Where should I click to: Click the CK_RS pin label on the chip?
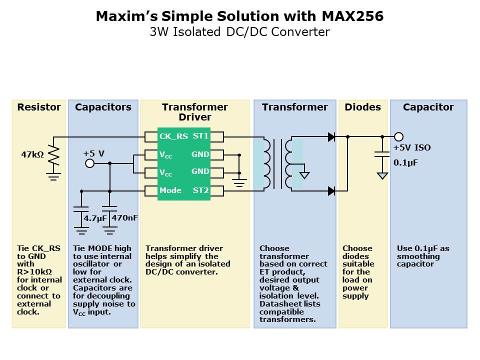point(173,136)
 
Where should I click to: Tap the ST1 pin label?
point(200,136)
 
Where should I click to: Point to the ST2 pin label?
point(200,190)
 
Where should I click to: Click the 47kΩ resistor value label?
point(32,155)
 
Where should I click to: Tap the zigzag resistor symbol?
point(53,155)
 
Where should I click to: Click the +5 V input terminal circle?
point(89,163)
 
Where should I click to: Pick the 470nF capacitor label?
point(124,218)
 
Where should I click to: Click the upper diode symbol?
point(331,136)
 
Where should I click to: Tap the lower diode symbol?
point(331,190)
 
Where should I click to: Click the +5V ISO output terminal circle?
point(398,136)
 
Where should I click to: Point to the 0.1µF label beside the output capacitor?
point(405,162)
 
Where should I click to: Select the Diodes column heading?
point(362,107)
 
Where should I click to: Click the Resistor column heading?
point(38,107)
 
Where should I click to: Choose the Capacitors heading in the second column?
point(103,107)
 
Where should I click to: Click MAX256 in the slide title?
point(352,16)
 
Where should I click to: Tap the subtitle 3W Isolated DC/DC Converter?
point(240,32)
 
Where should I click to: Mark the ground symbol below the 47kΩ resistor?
point(53,175)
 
